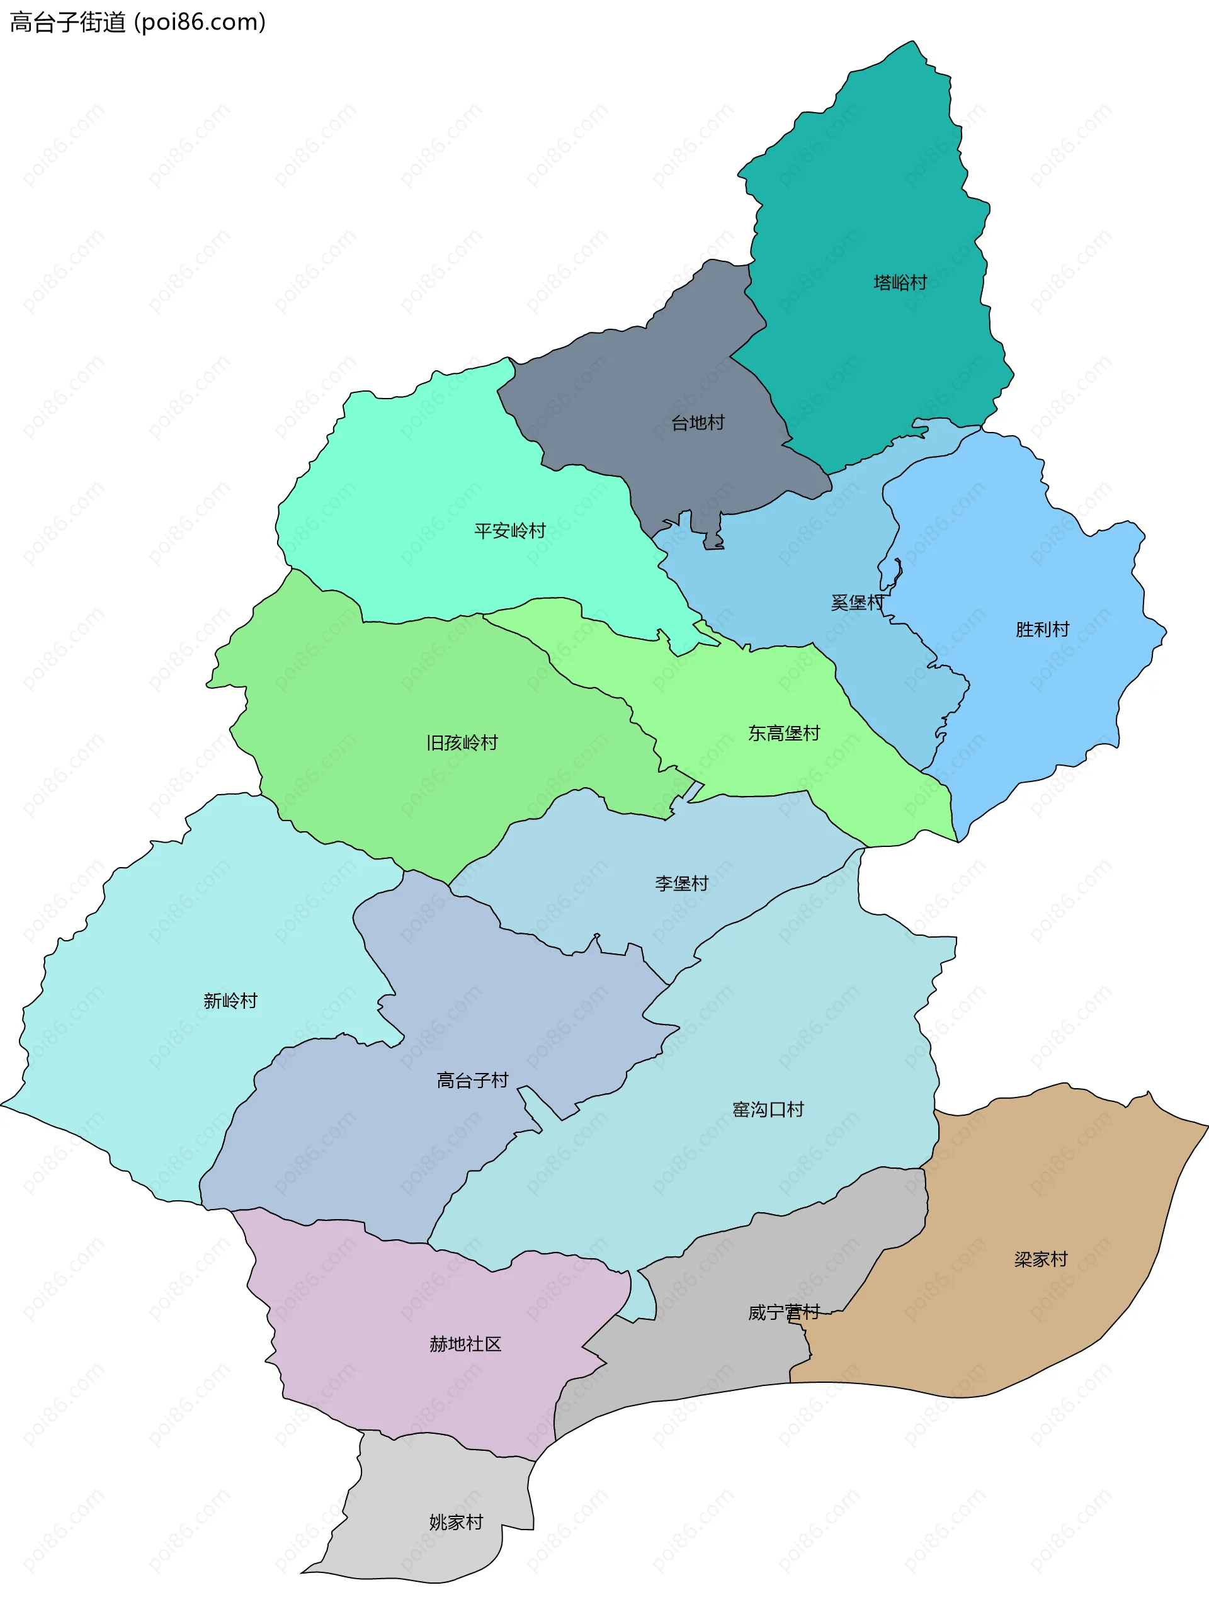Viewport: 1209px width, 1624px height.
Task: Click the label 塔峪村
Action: click(900, 283)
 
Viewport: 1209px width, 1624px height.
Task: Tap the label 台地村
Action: click(698, 423)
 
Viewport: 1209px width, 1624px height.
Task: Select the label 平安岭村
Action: click(509, 531)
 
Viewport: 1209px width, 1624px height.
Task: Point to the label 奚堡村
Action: click(857, 603)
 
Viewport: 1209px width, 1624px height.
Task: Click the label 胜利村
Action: click(1042, 630)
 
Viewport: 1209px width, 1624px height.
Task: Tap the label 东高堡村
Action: click(784, 734)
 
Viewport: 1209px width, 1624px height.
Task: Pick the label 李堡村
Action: click(681, 883)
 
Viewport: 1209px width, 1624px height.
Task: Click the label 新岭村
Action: click(230, 1001)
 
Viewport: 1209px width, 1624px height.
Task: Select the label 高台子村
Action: click(472, 1080)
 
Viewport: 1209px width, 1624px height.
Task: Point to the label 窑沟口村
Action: click(768, 1110)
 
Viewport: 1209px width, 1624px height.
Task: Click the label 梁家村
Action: click(1041, 1259)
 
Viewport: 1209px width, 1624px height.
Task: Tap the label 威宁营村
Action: click(783, 1312)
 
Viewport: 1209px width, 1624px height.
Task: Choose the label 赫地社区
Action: click(465, 1344)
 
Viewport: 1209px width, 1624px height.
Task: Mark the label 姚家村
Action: click(456, 1522)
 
